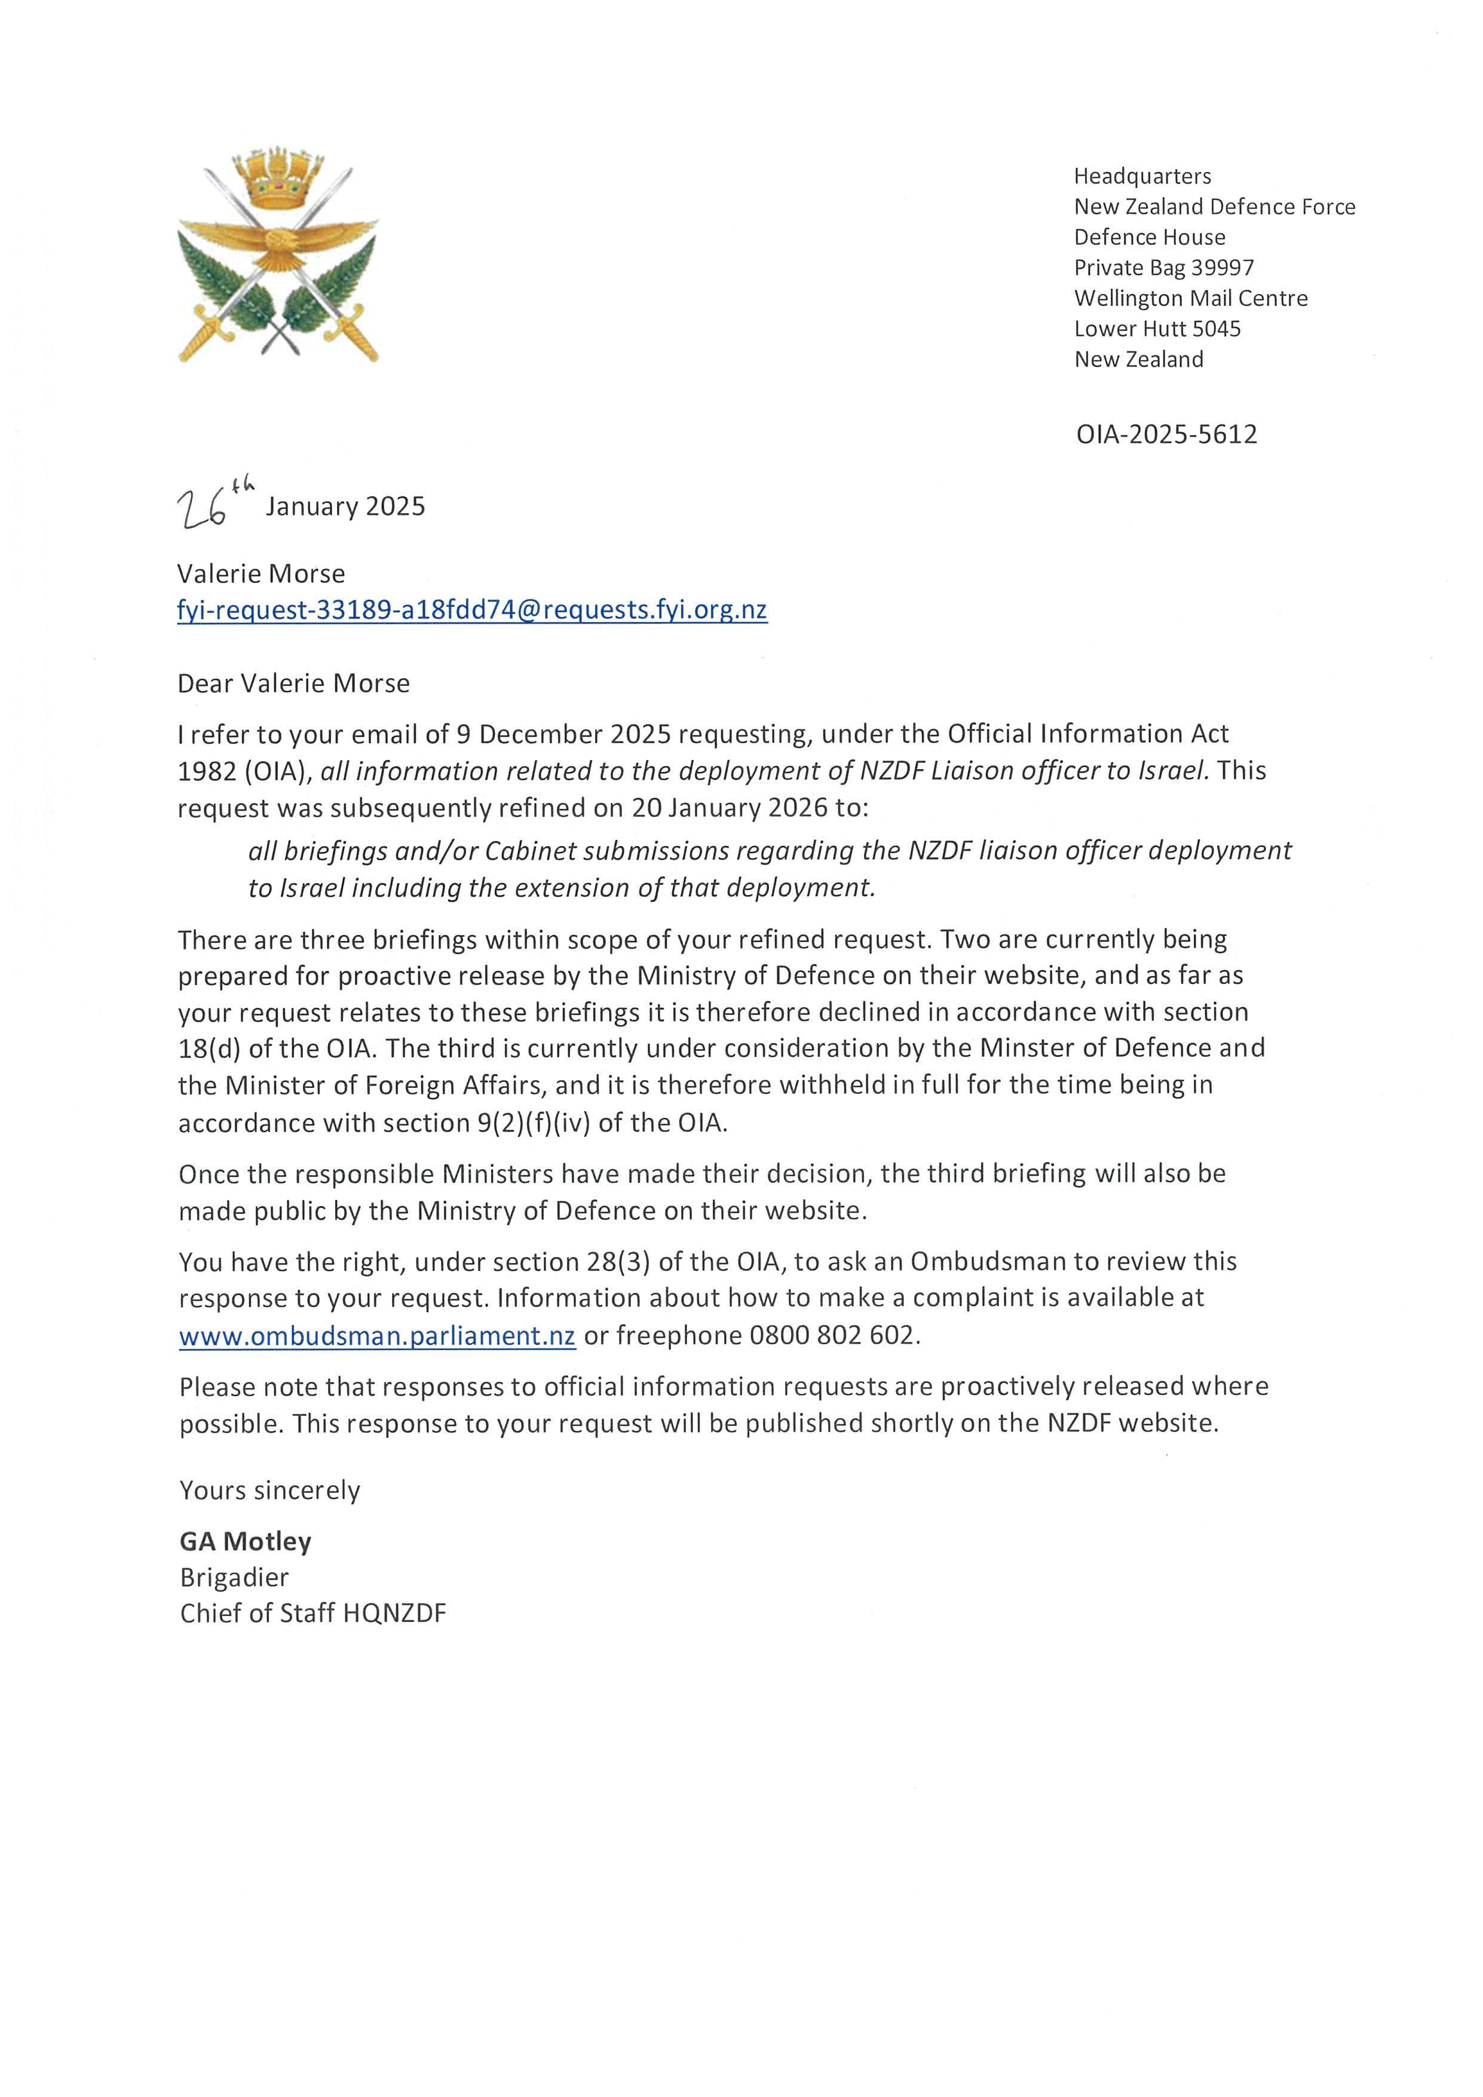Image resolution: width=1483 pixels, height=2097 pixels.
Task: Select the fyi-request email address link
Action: (472, 610)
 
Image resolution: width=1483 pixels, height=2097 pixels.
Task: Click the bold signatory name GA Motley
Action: (246, 1542)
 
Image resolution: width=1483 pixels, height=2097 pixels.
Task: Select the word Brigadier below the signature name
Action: (234, 1577)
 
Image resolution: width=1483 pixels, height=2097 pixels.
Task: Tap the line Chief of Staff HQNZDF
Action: (313, 1613)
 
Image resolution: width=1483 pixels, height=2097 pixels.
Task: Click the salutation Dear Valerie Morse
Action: (293, 683)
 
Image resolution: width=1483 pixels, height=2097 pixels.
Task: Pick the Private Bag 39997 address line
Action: (1163, 268)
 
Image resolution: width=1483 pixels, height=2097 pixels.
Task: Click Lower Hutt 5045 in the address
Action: (1157, 329)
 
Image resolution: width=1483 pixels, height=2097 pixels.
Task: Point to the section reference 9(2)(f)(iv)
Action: (534, 1123)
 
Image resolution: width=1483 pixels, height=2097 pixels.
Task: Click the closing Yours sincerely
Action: (269, 1491)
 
